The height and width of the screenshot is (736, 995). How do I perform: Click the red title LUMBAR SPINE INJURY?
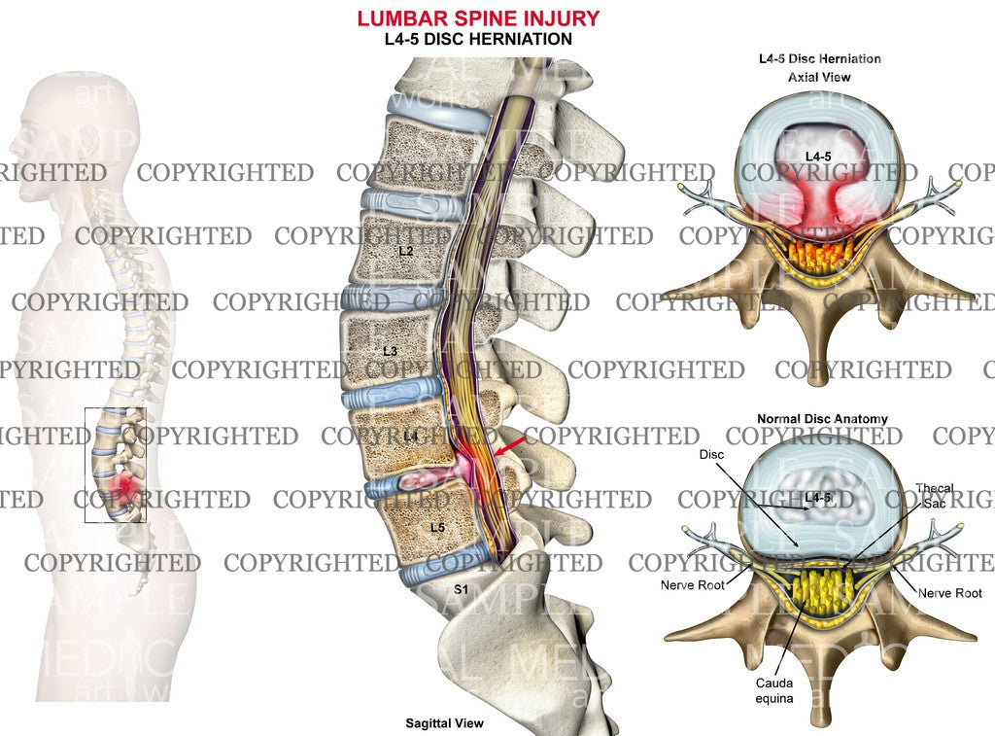(477, 18)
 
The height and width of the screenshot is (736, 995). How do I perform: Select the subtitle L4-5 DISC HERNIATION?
(477, 39)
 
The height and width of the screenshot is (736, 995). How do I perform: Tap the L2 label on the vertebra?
(406, 251)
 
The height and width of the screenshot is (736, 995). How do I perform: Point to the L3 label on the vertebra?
(391, 350)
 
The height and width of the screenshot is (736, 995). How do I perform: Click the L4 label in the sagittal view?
(410, 437)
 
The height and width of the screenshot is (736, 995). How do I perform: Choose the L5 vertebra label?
(436, 526)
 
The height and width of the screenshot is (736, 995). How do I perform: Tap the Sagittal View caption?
(444, 723)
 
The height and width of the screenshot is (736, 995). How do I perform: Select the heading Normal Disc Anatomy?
(822, 418)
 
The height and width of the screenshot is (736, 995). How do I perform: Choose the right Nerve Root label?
(950, 592)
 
